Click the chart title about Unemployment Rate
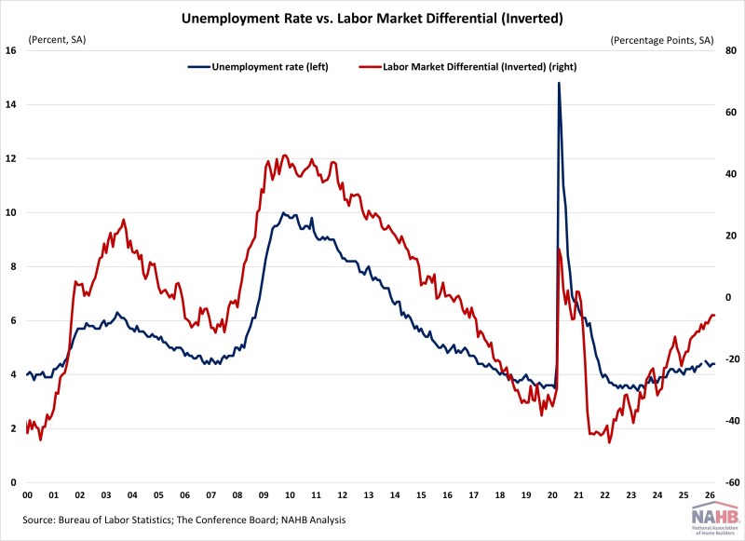pos(372,16)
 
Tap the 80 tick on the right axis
pos(732,51)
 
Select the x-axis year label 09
pos(264,495)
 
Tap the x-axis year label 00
pos(27,495)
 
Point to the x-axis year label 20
pos(553,495)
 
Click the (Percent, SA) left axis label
pos(61,40)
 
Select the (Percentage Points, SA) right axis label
pos(661,40)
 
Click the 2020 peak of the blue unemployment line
pos(559,83)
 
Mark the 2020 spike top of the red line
pos(558,249)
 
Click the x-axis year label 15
pos(422,495)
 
